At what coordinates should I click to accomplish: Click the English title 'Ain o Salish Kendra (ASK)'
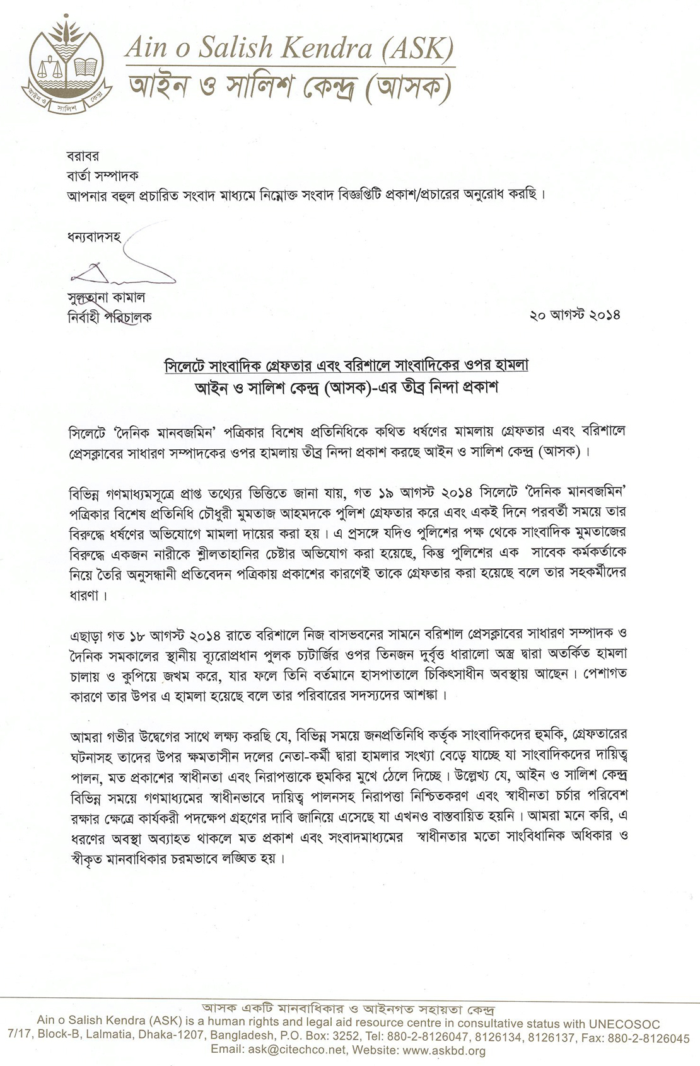tap(289, 49)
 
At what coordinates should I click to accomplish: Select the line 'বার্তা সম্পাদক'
tap(103, 175)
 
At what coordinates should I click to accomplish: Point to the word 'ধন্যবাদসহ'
tap(93, 238)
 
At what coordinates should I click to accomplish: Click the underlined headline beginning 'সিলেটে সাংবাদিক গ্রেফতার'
tap(346, 365)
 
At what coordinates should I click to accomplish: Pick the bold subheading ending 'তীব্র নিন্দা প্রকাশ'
tap(346, 388)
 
